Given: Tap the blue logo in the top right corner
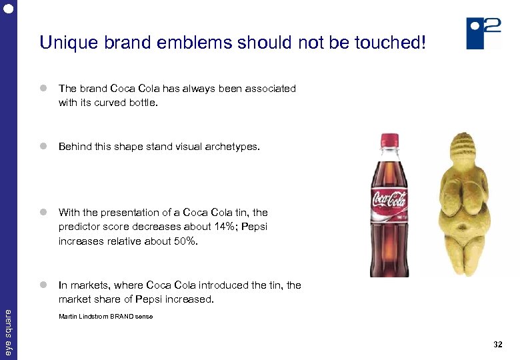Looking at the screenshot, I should [483, 33].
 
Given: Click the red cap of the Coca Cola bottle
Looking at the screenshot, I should [389, 141].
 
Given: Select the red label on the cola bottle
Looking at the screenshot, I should [389, 200].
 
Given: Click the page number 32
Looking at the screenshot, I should [497, 345].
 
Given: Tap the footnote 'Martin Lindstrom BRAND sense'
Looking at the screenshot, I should [105, 316].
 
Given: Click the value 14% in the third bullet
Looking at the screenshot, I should [197, 227].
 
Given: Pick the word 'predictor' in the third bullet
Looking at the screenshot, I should [78, 227].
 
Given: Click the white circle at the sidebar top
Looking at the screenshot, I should [8, 8].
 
